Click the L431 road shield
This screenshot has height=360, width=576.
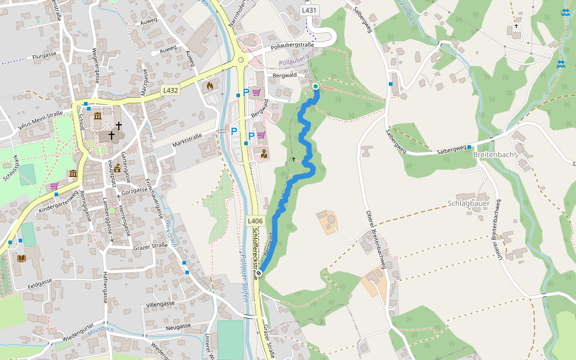(x=310, y=10)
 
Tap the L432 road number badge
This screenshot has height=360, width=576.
(x=171, y=90)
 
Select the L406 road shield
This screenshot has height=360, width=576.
(x=255, y=221)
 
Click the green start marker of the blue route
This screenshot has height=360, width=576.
(x=316, y=87)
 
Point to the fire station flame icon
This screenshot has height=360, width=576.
(x=209, y=86)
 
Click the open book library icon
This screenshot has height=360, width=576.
(x=22, y=258)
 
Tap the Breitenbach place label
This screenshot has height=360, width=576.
(x=493, y=154)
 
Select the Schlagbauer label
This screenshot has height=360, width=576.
(x=468, y=203)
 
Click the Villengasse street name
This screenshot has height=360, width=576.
(x=160, y=304)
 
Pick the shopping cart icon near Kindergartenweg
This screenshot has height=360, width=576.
(x=55, y=186)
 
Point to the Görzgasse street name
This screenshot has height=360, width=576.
(x=134, y=191)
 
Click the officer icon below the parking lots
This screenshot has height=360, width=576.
(x=263, y=153)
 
